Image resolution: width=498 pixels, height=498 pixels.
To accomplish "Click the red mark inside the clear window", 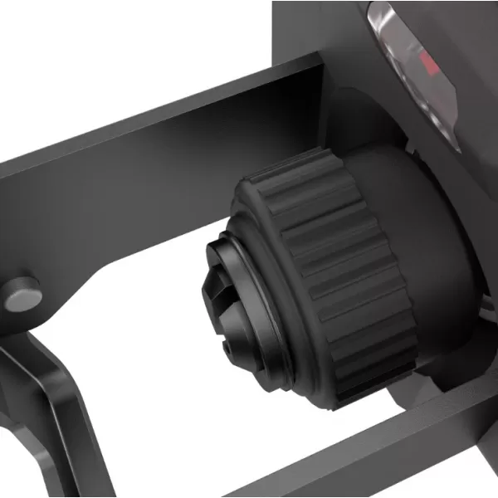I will coord(428,62).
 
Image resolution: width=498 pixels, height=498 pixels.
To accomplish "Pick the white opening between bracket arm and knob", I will coord(149,365).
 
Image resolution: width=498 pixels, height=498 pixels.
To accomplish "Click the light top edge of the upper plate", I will coord(166,108).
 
